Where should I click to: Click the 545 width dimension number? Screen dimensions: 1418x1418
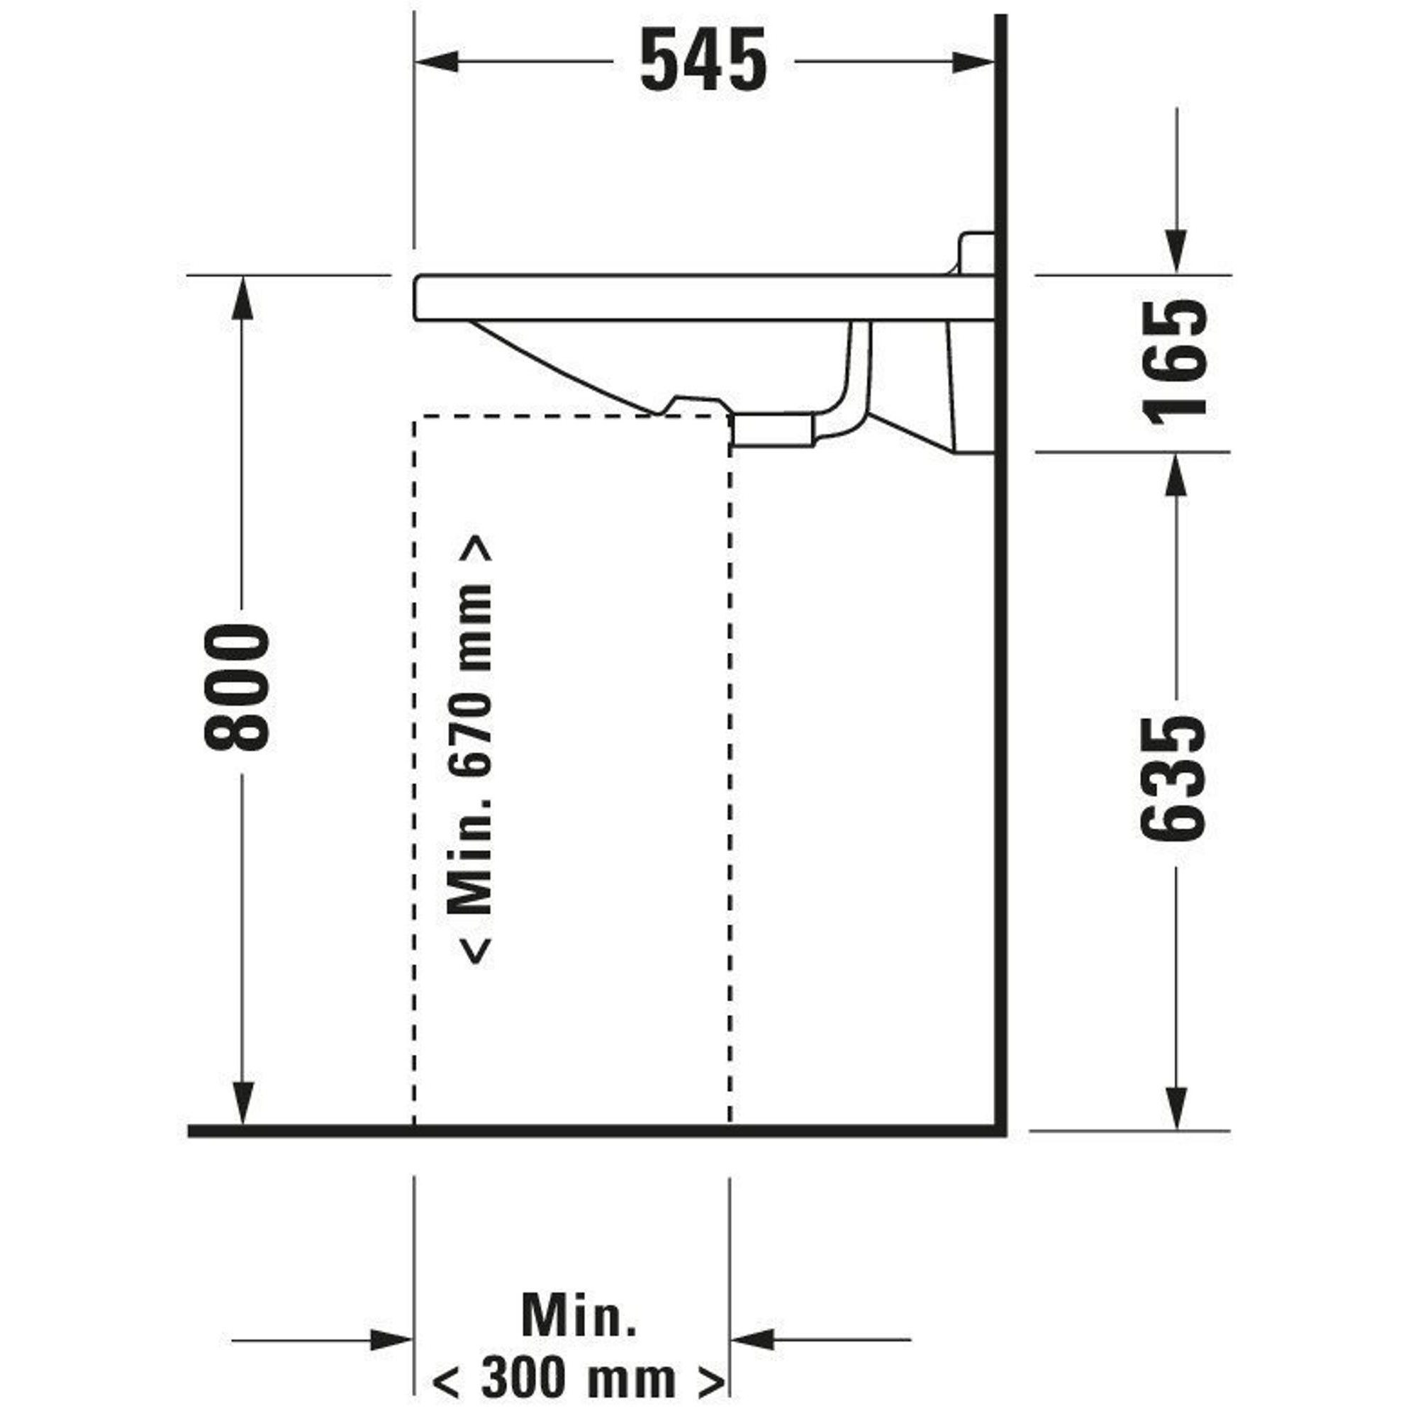(x=704, y=61)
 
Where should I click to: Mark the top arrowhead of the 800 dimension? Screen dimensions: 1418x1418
(x=243, y=298)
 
